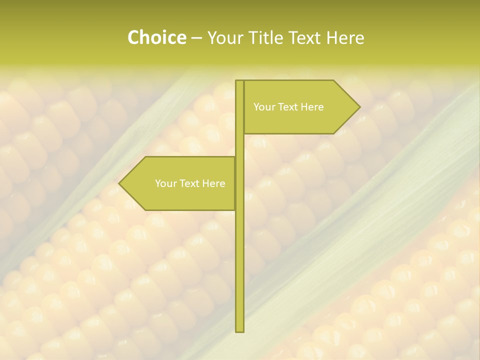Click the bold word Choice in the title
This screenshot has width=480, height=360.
(x=156, y=38)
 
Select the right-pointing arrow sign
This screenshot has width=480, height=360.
(x=300, y=107)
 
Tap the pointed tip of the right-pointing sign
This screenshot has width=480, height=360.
(x=359, y=107)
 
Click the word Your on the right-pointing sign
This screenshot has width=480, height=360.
(x=264, y=107)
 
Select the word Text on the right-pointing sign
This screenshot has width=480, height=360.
(x=288, y=107)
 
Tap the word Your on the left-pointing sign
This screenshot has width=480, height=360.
(x=165, y=183)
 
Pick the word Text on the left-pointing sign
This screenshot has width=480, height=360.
(x=190, y=183)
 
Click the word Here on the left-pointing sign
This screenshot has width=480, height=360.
(x=214, y=183)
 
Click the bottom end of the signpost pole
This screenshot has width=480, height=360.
(x=239, y=330)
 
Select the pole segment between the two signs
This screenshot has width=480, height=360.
(x=239, y=145)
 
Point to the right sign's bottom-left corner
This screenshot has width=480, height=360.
(x=244, y=133)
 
